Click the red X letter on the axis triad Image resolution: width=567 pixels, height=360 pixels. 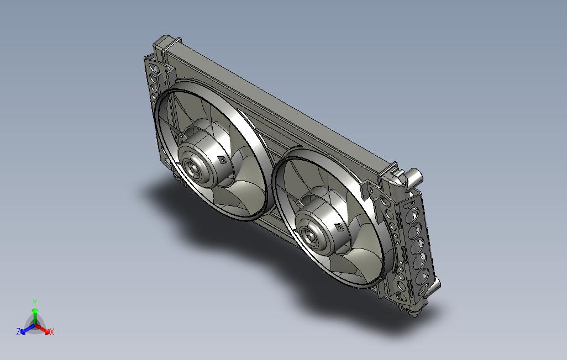pyautogui.click(x=52, y=332)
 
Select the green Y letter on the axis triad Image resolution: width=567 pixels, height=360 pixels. pyautogui.click(x=35, y=302)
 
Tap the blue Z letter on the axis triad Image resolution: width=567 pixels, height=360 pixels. pyautogui.click(x=18, y=331)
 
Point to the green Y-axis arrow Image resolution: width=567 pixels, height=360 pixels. pyautogui.click(x=35, y=316)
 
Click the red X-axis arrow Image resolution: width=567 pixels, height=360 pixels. pyautogui.click(x=43, y=329)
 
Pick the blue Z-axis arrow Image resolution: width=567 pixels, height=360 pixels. pyautogui.click(x=28, y=329)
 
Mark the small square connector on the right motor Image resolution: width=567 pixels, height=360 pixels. pyautogui.click(x=339, y=227)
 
